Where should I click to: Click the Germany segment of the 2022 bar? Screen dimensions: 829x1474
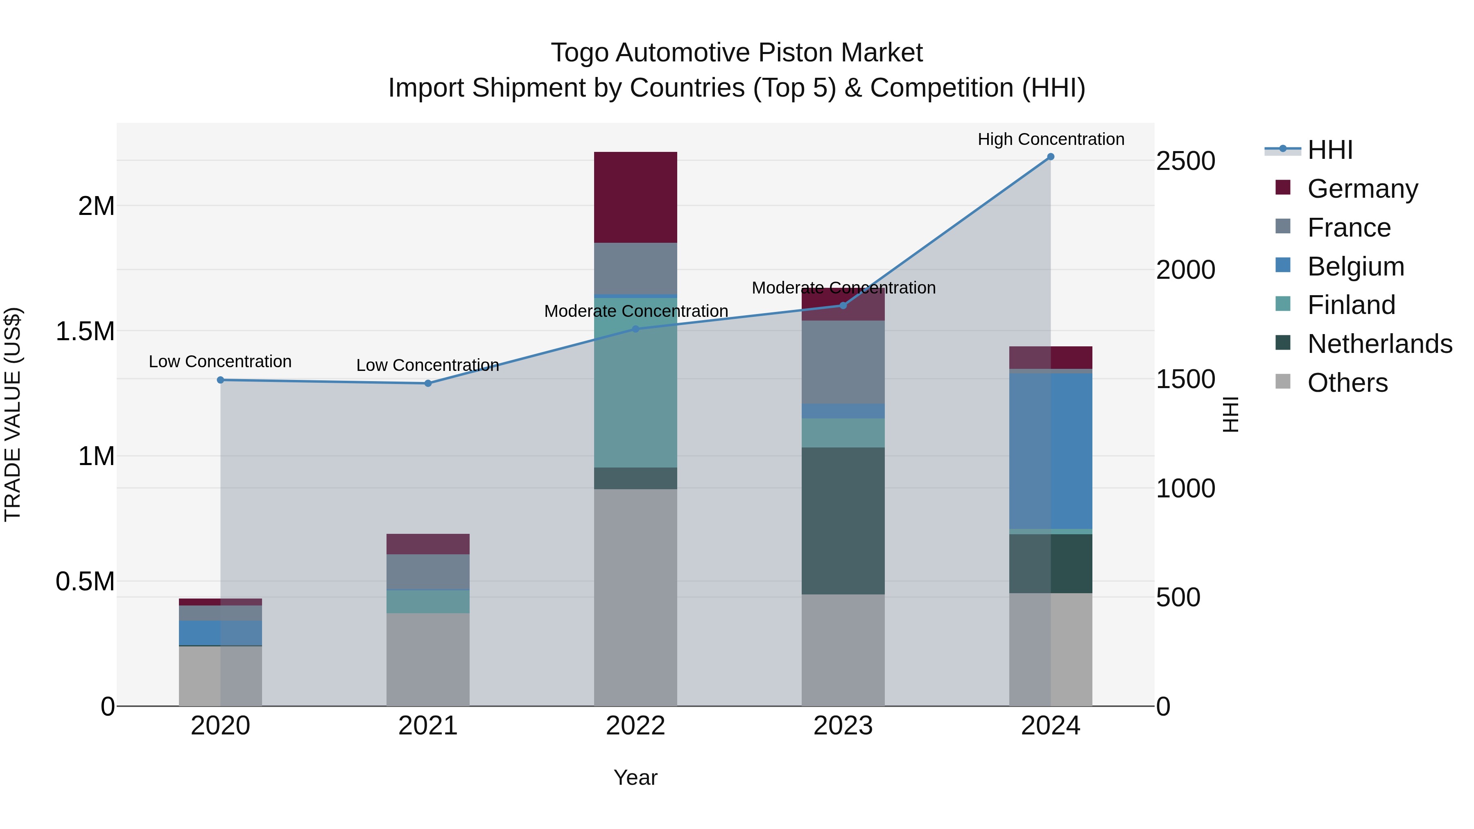635,197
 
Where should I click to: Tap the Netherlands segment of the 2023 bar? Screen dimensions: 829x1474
843,521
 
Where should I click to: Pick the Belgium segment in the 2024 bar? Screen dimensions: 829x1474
1051,451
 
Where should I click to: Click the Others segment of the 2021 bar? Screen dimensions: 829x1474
428,659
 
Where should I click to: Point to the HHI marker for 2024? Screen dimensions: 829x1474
1051,157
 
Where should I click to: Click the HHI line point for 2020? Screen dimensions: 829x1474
220,380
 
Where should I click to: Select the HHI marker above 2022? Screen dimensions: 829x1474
635,329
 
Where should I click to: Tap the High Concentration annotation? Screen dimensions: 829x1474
1051,139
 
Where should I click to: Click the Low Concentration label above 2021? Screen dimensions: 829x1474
428,365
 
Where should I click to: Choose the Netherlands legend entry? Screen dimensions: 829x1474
1379,344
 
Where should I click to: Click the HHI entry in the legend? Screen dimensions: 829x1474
1330,150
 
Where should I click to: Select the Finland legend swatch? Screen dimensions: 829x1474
1283,304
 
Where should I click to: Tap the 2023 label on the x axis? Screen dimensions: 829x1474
843,726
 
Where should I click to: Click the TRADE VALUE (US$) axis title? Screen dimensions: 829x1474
13,414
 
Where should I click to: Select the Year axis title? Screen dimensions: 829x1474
635,777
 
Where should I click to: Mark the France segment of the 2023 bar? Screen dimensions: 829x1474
843,362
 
